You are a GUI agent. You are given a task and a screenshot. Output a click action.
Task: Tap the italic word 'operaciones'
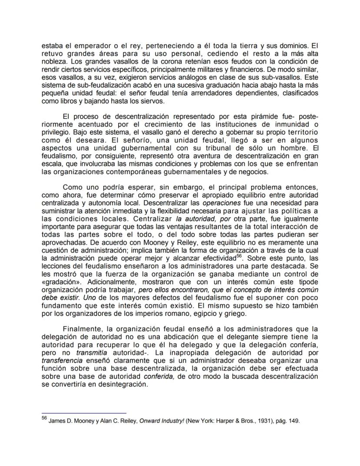221,203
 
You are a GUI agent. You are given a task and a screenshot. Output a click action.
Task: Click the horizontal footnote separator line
83,412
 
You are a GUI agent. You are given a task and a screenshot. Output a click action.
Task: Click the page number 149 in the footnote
292,421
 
